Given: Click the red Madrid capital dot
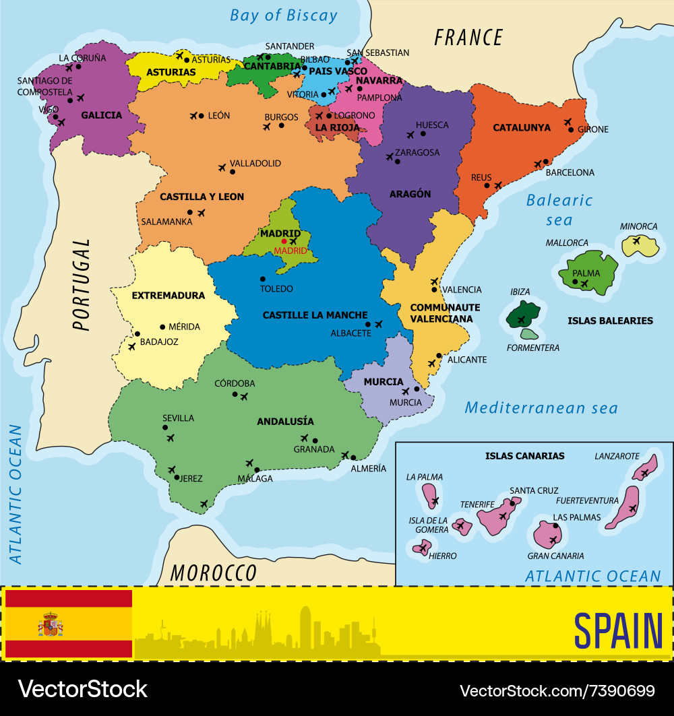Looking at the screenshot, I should pyautogui.click(x=284, y=241).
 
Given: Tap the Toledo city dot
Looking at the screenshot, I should pyautogui.click(x=263, y=279).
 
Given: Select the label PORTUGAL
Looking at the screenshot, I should pyautogui.click(x=82, y=285).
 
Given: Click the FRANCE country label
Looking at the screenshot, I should pyautogui.click(x=468, y=37).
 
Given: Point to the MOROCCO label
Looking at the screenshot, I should pyautogui.click(x=214, y=573).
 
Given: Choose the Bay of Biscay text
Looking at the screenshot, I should pyautogui.click(x=283, y=15).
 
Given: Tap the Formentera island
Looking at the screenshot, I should pyautogui.click(x=530, y=333).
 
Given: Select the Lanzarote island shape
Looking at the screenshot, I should pyautogui.click(x=645, y=466).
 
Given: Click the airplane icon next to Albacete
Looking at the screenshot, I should pyautogui.click(x=378, y=325).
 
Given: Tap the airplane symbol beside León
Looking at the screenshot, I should pyautogui.click(x=195, y=116).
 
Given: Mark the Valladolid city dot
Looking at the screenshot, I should pyautogui.click(x=233, y=172).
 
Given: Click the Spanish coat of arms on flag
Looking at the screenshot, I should pyautogui.click(x=51, y=625).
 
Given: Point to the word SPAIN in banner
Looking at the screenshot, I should pyautogui.click(x=618, y=630).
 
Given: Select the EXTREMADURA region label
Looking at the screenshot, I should pyautogui.click(x=168, y=296).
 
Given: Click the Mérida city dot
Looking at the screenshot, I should pyautogui.click(x=162, y=327).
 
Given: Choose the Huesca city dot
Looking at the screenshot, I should pyautogui.click(x=423, y=133).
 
